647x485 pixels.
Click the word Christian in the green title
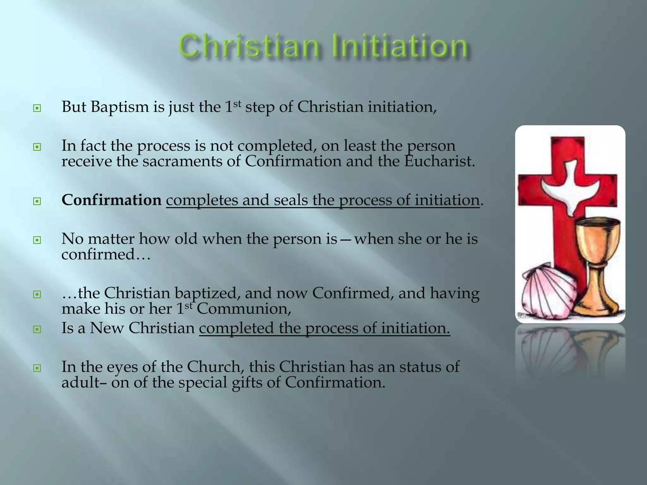[x=250, y=47]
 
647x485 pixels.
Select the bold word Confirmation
[x=112, y=200]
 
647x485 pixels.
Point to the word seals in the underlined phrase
[x=291, y=200]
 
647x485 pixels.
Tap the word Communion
[x=244, y=309]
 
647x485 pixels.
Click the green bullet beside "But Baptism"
[x=37, y=109]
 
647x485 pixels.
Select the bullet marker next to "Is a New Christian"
[x=37, y=330]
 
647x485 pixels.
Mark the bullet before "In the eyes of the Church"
[x=37, y=368]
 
